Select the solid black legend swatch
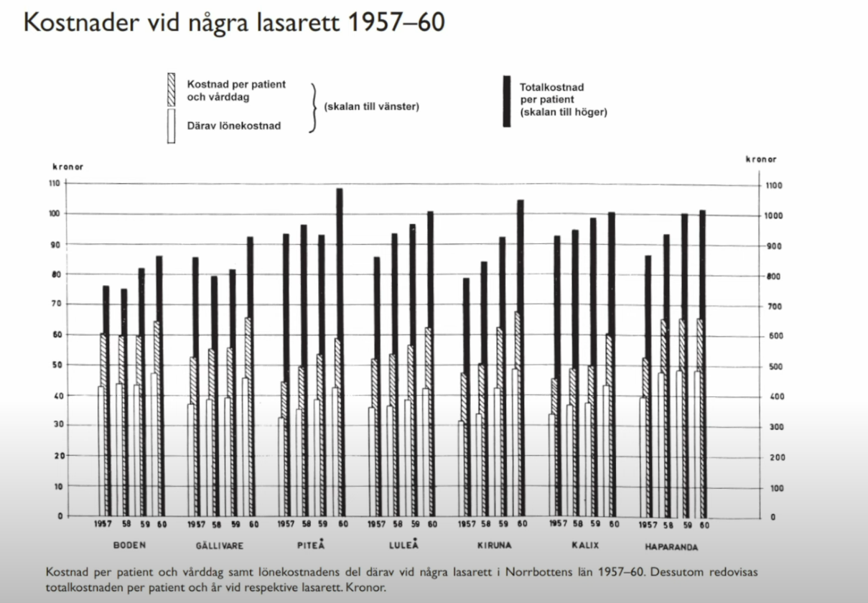(507, 100)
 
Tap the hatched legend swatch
(170, 90)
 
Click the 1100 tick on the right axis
(775, 186)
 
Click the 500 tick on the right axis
(773, 367)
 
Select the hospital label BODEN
(130, 545)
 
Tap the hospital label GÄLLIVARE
(219, 546)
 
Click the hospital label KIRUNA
(495, 545)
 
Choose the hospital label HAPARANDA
(672, 546)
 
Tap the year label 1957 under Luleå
(376, 525)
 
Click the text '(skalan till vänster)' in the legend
(372, 108)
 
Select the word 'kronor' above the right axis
(760, 159)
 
